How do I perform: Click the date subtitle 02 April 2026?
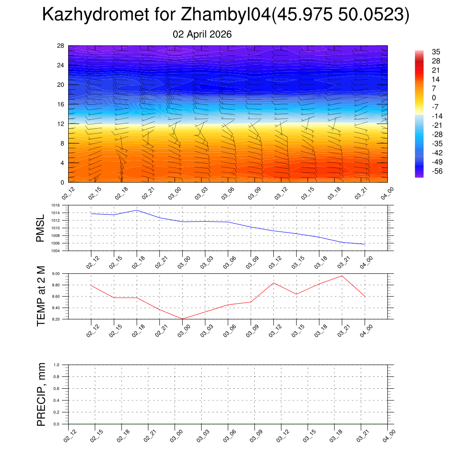202,34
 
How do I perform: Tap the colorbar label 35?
436,52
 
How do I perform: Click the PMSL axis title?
41,228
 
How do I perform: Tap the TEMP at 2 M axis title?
41,296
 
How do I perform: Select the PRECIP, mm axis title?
41,395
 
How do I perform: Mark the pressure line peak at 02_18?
137,210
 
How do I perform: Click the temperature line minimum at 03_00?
183,319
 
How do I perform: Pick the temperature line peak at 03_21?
342,276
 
